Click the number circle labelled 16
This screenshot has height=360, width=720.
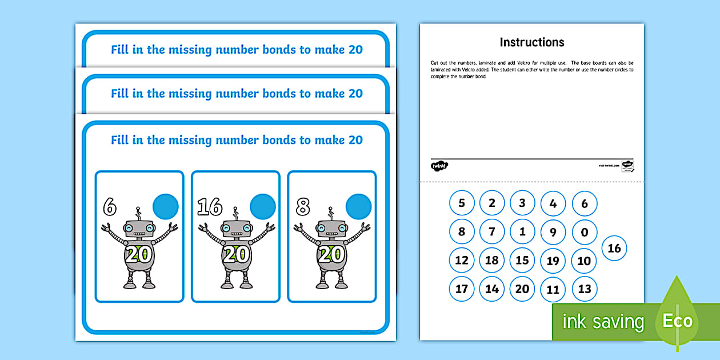click(x=614, y=248)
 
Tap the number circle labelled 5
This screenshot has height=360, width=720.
click(x=462, y=203)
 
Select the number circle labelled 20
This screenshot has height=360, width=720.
click(x=522, y=289)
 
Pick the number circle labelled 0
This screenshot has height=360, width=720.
click(x=584, y=233)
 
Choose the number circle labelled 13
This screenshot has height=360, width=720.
click(x=584, y=289)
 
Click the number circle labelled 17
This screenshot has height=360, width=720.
click(x=462, y=289)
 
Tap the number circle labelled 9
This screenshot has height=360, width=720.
click(x=553, y=233)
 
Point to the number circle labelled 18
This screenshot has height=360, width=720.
click(x=491, y=261)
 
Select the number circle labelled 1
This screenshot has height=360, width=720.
click(x=522, y=233)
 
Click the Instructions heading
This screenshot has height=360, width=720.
click(x=531, y=42)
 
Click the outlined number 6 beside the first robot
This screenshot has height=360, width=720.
click(x=110, y=206)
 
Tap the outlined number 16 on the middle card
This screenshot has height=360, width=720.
click(x=209, y=206)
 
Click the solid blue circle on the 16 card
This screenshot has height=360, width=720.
click(x=263, y=206)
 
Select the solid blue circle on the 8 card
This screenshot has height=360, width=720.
click(x=359, y=206)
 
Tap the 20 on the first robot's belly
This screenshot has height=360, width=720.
click(x=139, y=255)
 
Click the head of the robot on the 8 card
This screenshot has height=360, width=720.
click(x=332, y=229)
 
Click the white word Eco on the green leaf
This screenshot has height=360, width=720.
click(x=677, y=321)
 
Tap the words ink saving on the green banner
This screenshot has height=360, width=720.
click(x=603, y=322)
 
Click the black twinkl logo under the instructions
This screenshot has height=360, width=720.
click(x=439, y=166)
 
